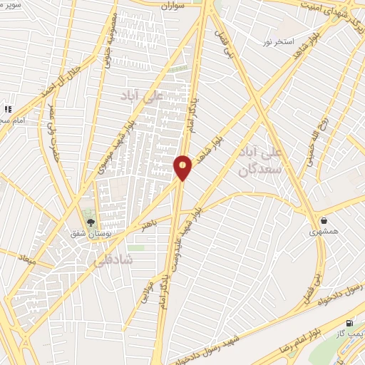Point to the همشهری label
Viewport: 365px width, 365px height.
pos(321,232)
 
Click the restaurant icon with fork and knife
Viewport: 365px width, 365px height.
pos(8,109)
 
